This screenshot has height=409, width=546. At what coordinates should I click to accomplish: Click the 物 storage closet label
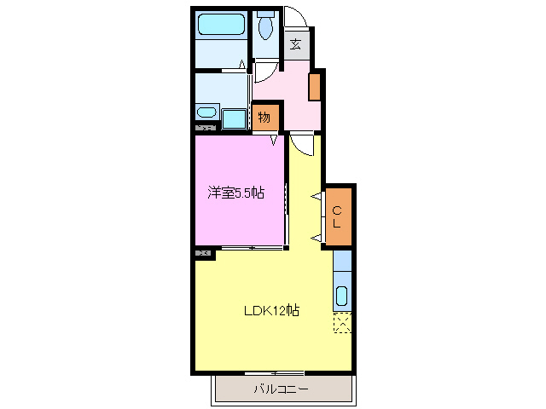[264, 118]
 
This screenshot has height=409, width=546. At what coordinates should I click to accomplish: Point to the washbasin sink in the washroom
[206, 112]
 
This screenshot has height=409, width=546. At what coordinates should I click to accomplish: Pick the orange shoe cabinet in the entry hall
[314, 85]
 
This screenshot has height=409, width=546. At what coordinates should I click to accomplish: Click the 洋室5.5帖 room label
[235, 193]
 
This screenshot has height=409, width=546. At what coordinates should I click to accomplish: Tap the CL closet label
[338, 216]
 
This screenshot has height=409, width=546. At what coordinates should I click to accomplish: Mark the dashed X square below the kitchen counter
[342, 322]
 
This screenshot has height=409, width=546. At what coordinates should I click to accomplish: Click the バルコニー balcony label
[282, 389]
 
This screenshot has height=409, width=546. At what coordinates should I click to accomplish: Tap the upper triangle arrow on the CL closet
[317, 198]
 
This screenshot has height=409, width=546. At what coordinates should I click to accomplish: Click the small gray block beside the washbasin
[204, 127]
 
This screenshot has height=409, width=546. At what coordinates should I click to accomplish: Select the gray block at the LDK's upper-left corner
[203, 252]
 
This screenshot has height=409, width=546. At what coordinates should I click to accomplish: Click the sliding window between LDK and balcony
[274, 373]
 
